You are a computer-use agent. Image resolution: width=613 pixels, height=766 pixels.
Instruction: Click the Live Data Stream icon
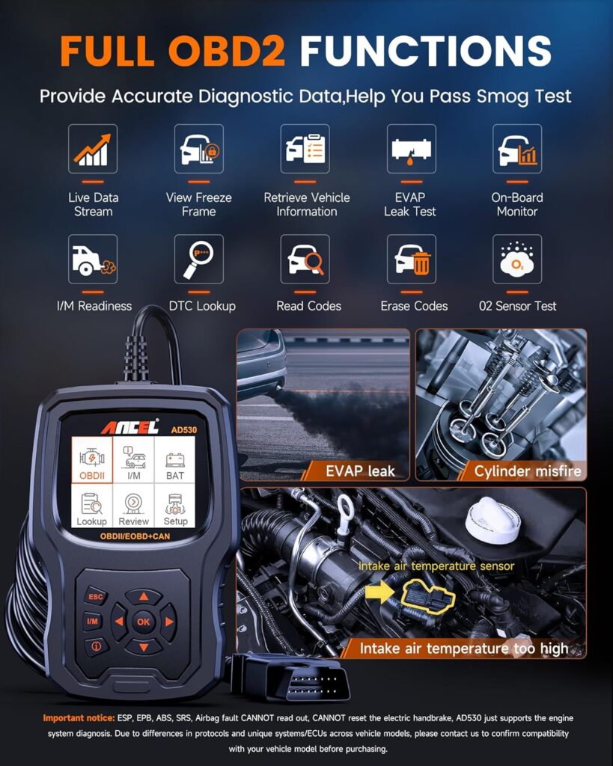(93, 149)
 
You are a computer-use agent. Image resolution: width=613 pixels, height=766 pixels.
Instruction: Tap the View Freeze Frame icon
(199, 149)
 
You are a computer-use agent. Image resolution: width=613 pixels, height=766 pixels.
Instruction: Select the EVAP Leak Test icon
(412, 149)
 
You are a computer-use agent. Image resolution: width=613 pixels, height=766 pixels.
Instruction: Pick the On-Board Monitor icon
(517, 149)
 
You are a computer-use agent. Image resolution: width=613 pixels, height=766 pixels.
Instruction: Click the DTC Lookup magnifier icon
(199, 259)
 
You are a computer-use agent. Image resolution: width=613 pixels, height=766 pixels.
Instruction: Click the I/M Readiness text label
(94, 306)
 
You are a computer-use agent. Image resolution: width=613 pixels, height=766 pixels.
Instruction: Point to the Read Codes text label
(309, 306)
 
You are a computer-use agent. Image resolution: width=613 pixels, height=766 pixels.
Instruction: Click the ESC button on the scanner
(96, 596)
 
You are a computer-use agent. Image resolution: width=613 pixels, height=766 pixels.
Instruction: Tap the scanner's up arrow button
(144, 596)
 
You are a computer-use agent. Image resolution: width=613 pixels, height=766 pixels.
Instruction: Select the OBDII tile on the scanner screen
(92, 460)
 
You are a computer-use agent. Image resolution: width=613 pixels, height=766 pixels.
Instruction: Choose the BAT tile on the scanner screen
(175, 460)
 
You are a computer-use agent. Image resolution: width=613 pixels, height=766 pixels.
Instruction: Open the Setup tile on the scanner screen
(175, 506)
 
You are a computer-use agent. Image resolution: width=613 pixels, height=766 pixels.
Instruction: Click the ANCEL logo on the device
(130, 427)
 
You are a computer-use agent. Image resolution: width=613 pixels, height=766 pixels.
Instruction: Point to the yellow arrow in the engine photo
(379, 592)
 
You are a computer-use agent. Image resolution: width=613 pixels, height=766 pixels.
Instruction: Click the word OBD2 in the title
(227, 50)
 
